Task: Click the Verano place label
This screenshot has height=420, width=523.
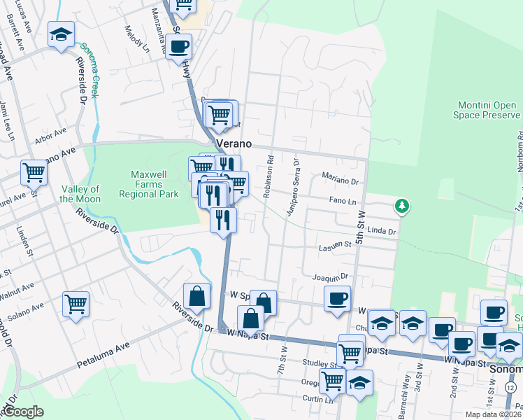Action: pyautogui.click(x=233, y=143)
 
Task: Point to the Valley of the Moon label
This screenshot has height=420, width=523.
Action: pyautogui.click(x=80, y=194)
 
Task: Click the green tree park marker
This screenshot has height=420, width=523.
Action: pyautogui.click(x=402, y=206)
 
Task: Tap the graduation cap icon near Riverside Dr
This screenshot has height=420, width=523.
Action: pyautogui.click(x=61, y=34)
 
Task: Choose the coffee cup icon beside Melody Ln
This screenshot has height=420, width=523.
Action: pyautogui.click(x=179, y=48)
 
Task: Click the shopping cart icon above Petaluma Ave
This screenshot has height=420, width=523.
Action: pyautogui.click(x=76, y=304)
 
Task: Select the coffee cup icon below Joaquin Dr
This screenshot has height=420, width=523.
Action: pyautogui.click(x=337, y=298)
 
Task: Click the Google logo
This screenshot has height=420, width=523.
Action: pyautogui.click(x=23, y=412)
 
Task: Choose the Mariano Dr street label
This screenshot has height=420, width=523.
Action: pyautogui.click(x=340, y=179)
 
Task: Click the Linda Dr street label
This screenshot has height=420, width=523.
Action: pyautogui.click(x=382, y=230)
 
